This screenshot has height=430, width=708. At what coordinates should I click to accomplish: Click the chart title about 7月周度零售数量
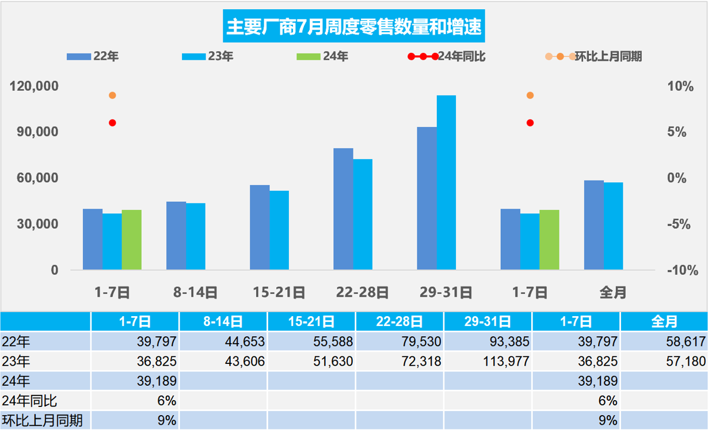(x=353, y=27)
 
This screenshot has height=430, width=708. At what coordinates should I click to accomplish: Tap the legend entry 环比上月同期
(x=593, y=56)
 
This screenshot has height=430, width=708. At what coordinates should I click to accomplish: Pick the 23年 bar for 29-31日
(x=446, y=182)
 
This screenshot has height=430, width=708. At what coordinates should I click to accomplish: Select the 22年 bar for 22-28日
(x=343, y=209)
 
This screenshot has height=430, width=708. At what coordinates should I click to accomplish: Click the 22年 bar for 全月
(x=593, y=225)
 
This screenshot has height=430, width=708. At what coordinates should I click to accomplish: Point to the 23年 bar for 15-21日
(x=279, y=230)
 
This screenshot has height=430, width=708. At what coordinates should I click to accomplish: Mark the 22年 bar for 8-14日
(x=176, y=235)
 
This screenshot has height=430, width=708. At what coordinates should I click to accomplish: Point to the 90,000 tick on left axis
(x=35, y=132)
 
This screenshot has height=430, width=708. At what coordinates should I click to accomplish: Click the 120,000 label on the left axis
(x=35, y=86)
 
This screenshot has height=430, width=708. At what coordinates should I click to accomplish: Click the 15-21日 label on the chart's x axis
(x=279, y=293)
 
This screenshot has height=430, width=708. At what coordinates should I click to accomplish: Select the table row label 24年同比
(x=30, y=400)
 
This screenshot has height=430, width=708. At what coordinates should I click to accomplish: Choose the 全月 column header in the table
(x=664, y=321)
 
